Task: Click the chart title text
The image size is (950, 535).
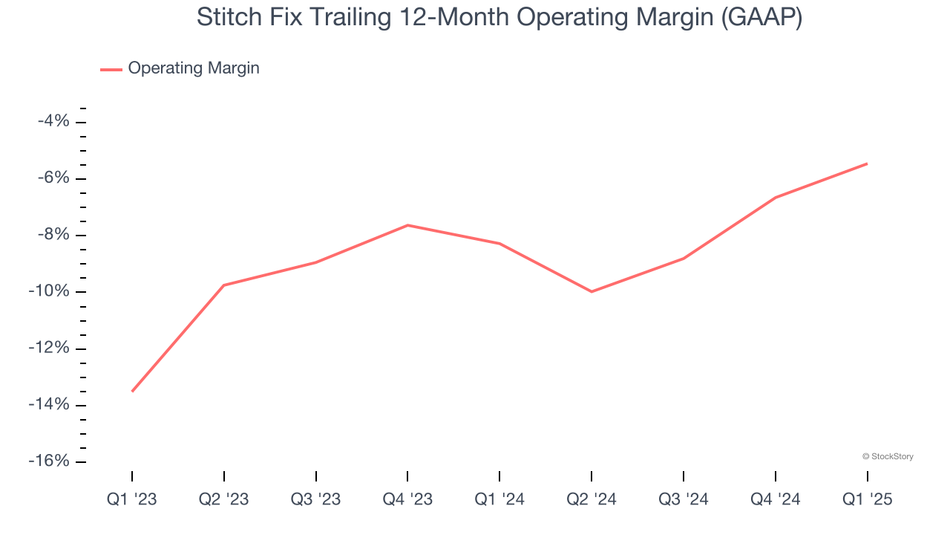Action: (x=499, y=18)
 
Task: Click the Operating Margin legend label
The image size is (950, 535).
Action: (x=193, y=68)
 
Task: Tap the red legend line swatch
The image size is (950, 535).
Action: (x=111, y=69)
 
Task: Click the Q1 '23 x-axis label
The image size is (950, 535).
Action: (x=132, y=499)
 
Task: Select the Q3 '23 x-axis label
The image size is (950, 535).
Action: (x=316, y=499)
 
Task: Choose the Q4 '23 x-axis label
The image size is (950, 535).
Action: (x=407, y=499)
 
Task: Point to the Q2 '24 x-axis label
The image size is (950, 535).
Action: (x=592, y=499)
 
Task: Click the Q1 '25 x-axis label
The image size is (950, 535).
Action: (x=867, y=499)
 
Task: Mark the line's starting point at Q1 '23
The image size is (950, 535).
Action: (x=132, y=391)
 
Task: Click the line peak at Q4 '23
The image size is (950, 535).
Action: (x=407, y=224)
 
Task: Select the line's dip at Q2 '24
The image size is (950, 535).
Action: (x=592, y=291)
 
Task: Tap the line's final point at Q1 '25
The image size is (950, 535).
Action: (x=867, y=163)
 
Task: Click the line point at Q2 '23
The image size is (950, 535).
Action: (x=224, y=285)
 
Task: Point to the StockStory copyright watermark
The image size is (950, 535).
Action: (x=888, y=456)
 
